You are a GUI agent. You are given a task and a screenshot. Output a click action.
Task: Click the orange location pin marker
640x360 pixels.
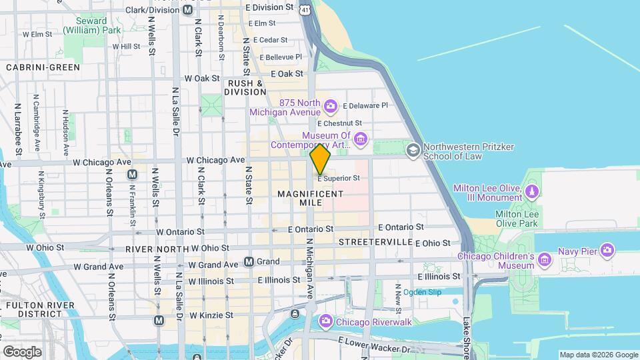tap(321, 159)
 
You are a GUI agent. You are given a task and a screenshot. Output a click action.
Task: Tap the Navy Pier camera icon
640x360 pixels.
tap(607, 251)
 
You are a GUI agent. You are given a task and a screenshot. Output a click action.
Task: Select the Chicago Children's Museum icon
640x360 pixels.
tap(545, 259)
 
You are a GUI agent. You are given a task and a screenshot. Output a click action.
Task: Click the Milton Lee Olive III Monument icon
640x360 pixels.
tap(531, 193)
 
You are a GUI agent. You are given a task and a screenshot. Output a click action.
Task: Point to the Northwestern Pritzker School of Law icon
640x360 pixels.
tap(413, 150)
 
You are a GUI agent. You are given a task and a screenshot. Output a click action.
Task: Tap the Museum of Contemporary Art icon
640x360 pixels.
tap(361, 139)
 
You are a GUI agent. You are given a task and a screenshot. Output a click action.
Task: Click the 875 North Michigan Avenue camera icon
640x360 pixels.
tap(329, 106)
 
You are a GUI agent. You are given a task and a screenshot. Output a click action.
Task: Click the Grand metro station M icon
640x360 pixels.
tap(249, 262)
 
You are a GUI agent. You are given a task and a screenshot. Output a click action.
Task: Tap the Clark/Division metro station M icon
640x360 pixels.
tap(188, 10)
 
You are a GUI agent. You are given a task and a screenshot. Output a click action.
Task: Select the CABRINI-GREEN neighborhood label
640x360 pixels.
tap(43, 67)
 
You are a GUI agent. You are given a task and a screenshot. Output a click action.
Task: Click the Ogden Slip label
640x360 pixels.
tap(422, 291)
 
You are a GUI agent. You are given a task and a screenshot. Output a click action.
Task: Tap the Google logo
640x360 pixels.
tap(22, 351)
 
